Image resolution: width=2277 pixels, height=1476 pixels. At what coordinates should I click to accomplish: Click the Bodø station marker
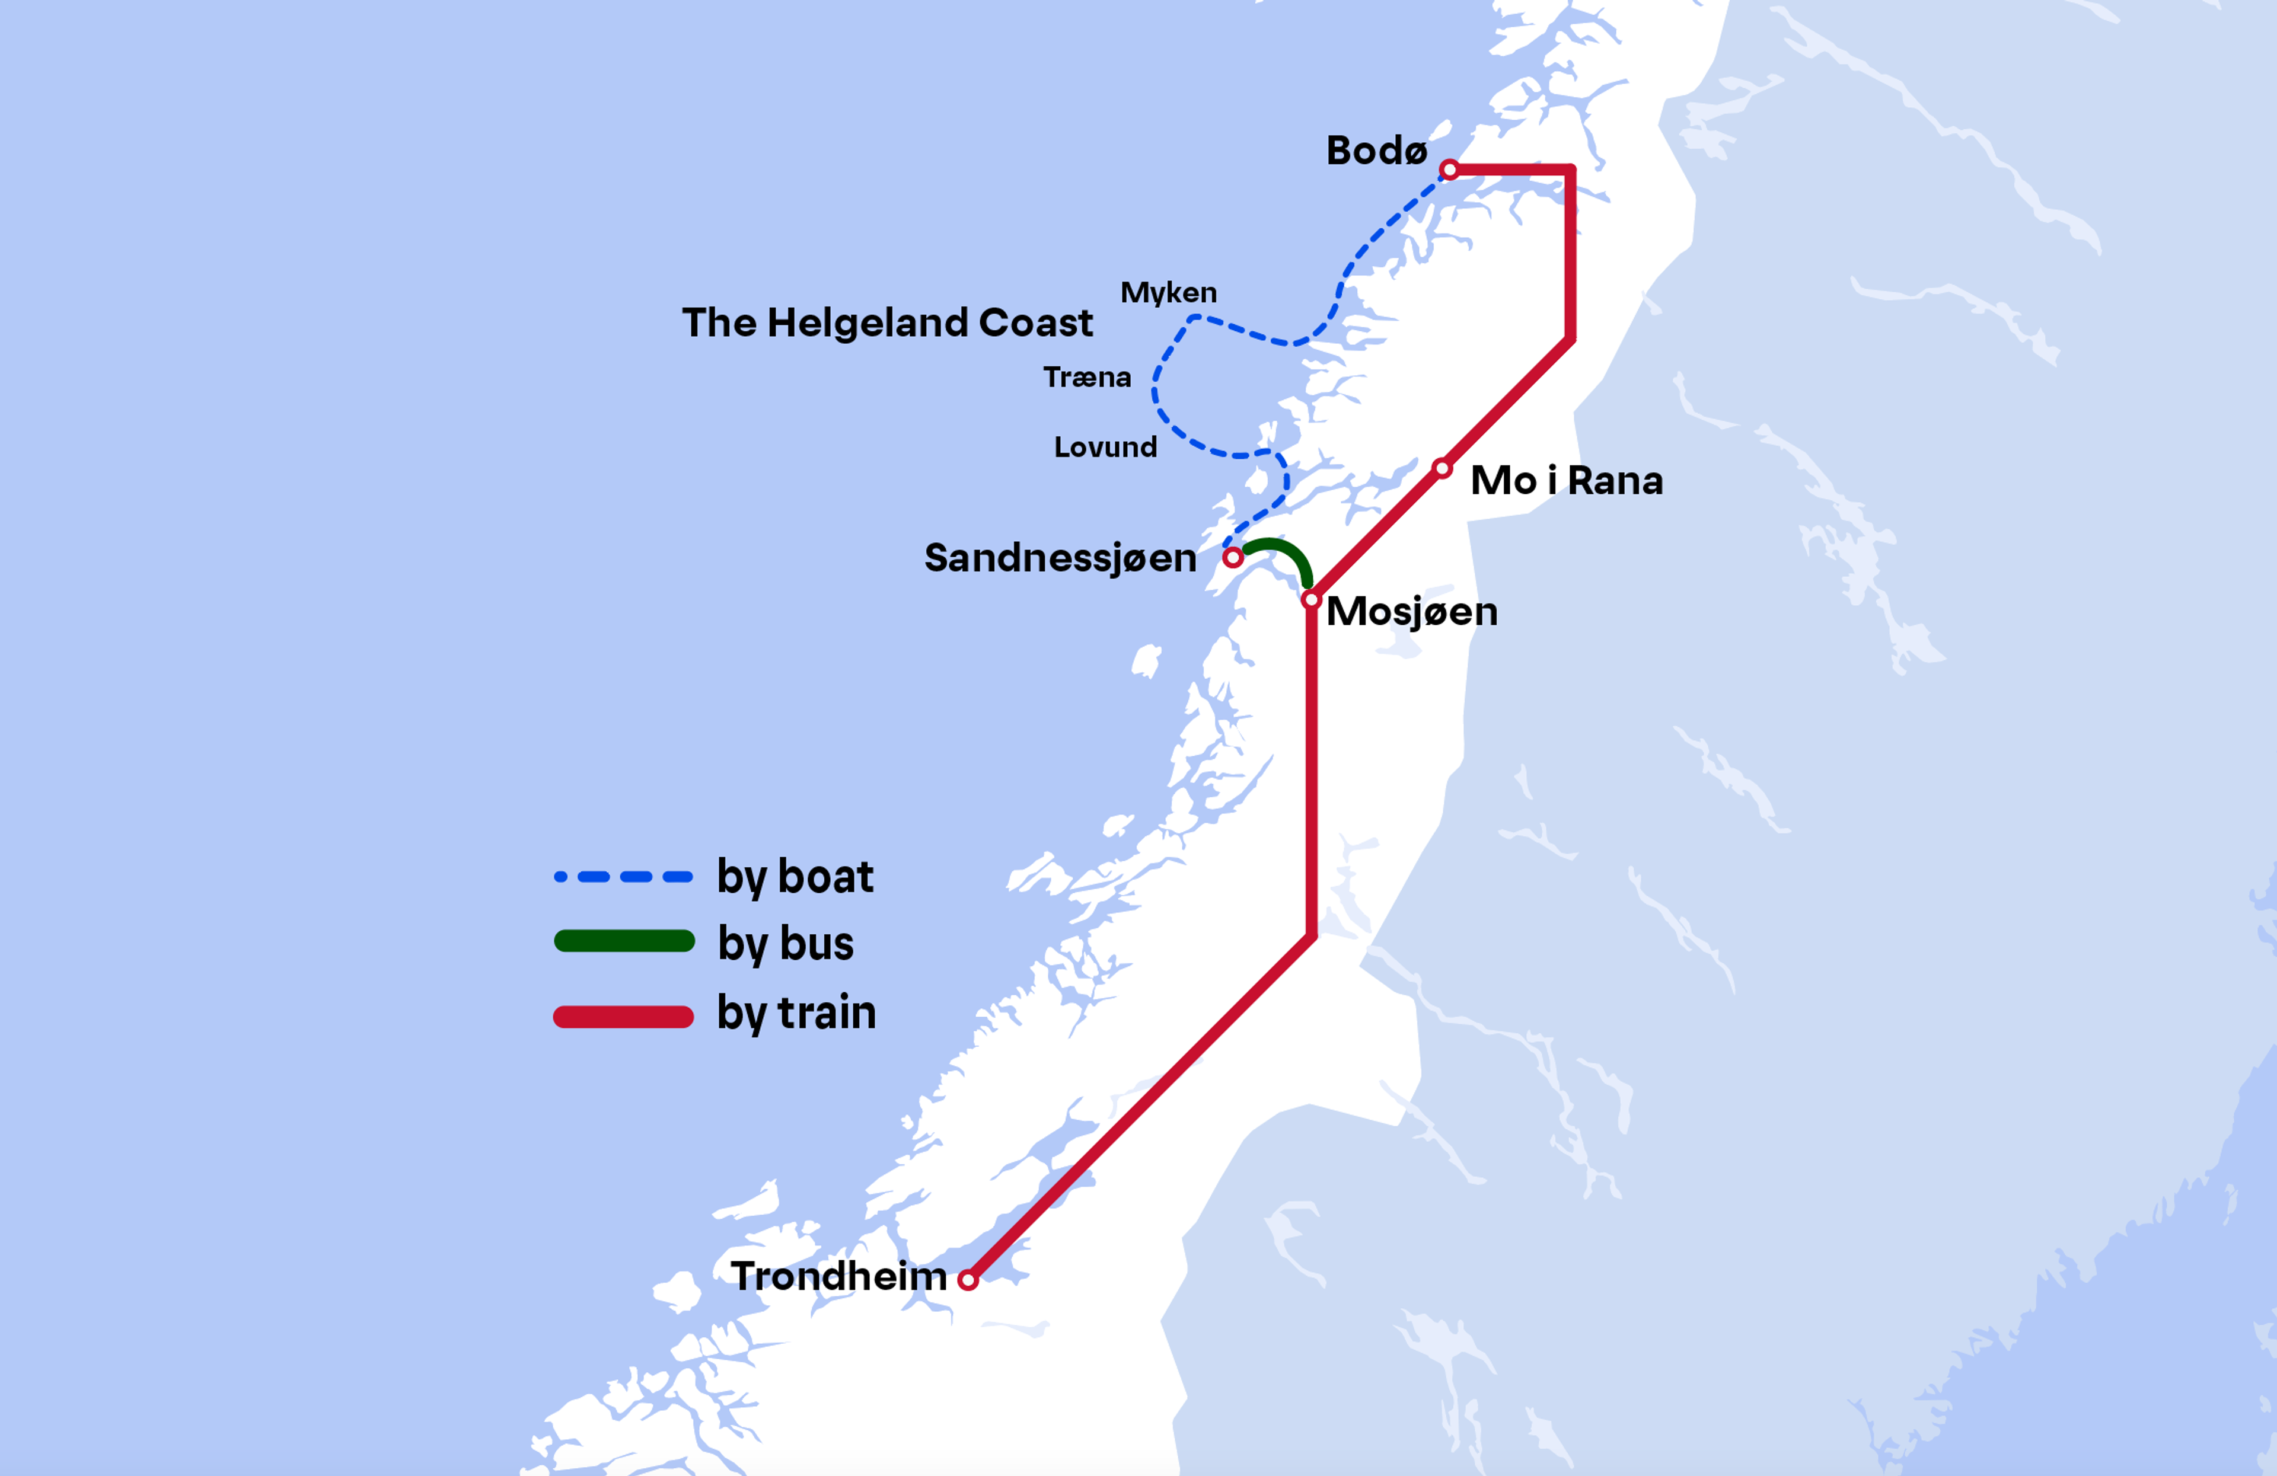1449,170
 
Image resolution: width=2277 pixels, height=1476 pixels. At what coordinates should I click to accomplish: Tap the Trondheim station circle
968,1280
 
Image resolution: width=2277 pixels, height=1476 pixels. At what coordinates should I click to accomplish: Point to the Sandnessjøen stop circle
1233,557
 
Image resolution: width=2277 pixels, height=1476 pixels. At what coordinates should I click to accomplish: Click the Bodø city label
1376,151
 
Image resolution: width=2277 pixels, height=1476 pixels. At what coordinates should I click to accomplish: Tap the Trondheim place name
838,1276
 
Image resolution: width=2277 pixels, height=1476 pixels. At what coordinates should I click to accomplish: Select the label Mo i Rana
1566,480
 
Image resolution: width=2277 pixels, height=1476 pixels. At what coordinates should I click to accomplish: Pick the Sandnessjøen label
1060,558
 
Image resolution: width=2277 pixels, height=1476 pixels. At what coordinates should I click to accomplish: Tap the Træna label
1087,377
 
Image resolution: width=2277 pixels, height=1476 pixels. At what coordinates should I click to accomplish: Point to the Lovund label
1105,447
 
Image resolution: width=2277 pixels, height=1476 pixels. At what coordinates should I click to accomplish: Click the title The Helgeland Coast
887,323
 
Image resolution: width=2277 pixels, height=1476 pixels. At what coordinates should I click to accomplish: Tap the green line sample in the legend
624,941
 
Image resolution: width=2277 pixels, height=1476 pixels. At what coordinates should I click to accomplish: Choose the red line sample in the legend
624,1017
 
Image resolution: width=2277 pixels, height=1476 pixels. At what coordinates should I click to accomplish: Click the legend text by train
796,1012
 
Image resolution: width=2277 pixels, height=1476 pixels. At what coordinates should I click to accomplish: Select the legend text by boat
795,876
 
